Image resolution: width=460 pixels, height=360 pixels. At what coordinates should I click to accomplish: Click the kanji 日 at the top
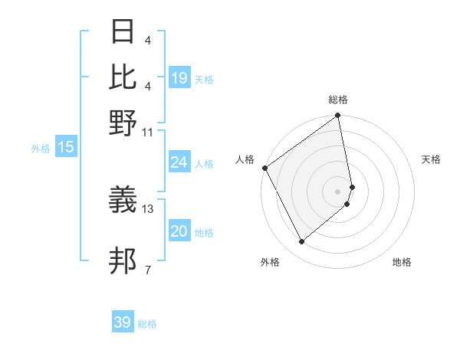[x=123, y=32]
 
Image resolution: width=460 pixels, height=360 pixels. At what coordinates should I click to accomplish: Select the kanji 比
[x=123, y=76]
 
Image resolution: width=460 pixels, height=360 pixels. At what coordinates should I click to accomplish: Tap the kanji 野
[x=123, y=123]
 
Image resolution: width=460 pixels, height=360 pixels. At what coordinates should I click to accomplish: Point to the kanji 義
[x=123, y=200]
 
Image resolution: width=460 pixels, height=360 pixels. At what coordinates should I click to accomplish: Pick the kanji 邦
[x=123, y=260]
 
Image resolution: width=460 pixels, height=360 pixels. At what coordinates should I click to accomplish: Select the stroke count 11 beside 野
[x=148, y=131]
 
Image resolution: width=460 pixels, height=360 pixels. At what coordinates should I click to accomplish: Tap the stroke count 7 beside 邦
[x=147, y=269]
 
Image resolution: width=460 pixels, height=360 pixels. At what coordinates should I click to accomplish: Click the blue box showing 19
[x=179, y=78]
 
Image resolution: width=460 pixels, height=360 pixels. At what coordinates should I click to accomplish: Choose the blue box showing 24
[x=179, y=162]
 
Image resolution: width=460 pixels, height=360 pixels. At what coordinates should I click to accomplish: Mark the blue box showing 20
[x=179, y=232]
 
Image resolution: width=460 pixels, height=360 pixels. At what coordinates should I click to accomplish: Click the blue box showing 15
[x=66, y=148]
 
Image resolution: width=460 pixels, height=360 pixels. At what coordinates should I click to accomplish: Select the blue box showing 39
[x=122, y=322]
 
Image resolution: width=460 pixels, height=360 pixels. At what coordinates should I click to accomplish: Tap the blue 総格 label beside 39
[x=147, y=324]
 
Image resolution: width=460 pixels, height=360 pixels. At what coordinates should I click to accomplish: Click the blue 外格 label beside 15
[x=40, y=149]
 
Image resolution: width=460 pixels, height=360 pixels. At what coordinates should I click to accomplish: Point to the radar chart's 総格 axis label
[x=338, y=100]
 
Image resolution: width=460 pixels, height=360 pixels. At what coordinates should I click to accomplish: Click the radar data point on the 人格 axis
[x=264, y=168]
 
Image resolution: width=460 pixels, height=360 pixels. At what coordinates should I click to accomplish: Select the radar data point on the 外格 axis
[x=301, y=242]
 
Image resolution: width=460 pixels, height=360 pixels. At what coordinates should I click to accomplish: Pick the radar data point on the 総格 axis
[x=338, y=116]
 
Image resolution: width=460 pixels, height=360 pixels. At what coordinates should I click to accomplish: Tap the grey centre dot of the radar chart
[x=338, y=191]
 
